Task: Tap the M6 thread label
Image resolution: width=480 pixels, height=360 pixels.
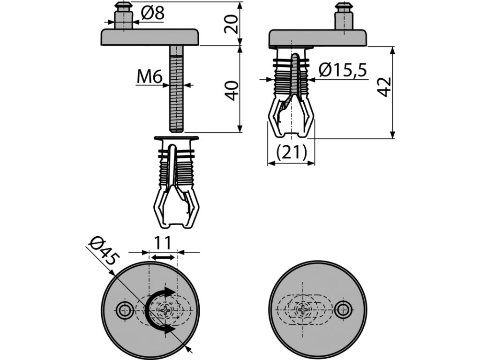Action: [x=149, y=77]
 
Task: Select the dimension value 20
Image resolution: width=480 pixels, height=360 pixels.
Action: [x=232, y=23]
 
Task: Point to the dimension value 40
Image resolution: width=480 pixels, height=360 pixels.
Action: [x=232, y=90]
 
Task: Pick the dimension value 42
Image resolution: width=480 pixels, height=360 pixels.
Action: [x=384, y=87]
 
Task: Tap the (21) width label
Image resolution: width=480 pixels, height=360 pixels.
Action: [x=291, y=152]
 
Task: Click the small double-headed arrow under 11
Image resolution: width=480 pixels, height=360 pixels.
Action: [x=163, y=257]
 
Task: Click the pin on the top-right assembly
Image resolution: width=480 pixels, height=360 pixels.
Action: [x=344, y=16]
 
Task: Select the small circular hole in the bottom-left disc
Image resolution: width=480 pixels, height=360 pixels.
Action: [x=125, y=310]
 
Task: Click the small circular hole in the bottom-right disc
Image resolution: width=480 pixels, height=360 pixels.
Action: [x=344, y=310]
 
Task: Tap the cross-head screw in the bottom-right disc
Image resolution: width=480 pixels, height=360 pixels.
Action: [x=303, y=310]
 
